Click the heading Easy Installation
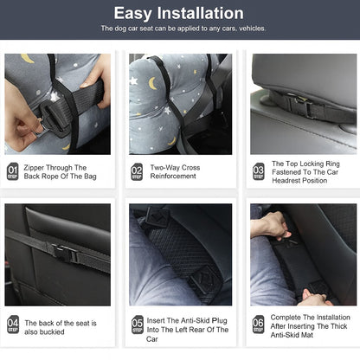pyautogui.click(x=179, y=13)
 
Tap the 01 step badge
pyautogui.click(x=13, y=171)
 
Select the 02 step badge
pyautogui.click(x=137, y=171)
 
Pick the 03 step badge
pyautogui.click(x=259, y=171)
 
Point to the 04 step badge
pyautogui.click(x=13, y=325)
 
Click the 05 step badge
pyautogui.click(x=138, y=325)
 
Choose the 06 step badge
pyautogui.click(x=258, y=325)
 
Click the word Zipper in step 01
pyautogui.click(x=34, y=168)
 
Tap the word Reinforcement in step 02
pyautogui.click(x=173, y=176)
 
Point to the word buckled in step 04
pyautogui.click(x=52, y=331)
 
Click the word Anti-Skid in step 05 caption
pyautogui.click(x=196, y=320)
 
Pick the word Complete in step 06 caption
pyautogui.click(x=284, y=318)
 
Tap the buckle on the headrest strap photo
pyautogui.click(x=300, y=106)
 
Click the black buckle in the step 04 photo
pyautogui.click(x=65, y=253)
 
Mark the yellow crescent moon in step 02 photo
pyautogui.click(x=152, y=83)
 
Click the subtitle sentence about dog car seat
pyautogui.click(x=183, y=29)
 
